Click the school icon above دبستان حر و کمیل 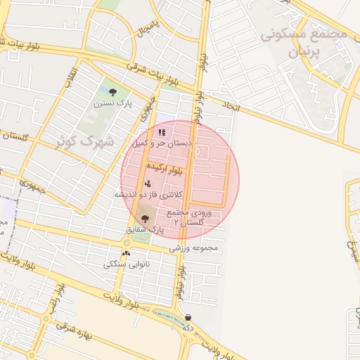(162, 131)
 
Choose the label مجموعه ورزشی (194, 248)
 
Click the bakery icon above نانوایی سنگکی (126, 253)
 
